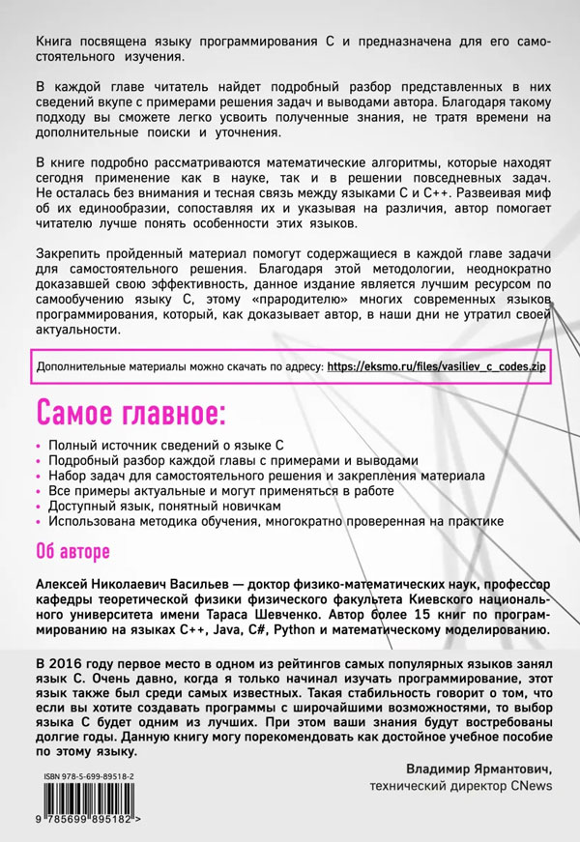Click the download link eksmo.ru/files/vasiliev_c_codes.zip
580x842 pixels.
436,368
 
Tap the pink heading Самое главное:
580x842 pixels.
131,413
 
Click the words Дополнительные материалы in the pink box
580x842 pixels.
105,368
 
